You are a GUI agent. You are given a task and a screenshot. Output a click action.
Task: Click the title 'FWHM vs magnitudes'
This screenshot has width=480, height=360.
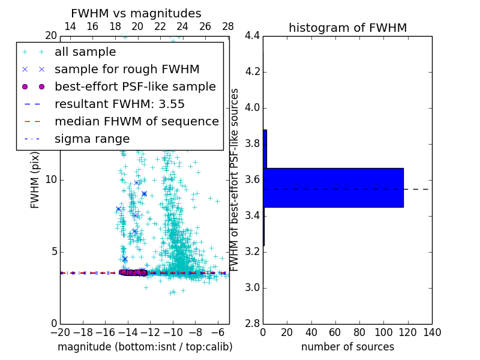(x=136, y=14)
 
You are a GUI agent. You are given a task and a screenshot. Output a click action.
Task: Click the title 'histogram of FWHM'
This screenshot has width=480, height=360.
(x=347, y=28)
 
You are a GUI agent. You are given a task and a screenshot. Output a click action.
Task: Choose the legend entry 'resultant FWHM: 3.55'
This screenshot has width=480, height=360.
(x=119, y=104)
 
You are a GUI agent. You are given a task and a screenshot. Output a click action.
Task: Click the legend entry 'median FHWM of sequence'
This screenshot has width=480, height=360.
(x=136, y=121)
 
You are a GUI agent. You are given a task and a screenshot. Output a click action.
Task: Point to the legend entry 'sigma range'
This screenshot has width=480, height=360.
(x=92, y=139)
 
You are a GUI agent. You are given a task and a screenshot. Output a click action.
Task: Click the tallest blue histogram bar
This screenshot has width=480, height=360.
(x=333, y=188)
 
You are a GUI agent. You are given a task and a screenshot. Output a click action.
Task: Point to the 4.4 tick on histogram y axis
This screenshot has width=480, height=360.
(x=252, y=36)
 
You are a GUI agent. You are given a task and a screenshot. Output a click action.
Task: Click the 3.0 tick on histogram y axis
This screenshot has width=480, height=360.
(x=252, y=287)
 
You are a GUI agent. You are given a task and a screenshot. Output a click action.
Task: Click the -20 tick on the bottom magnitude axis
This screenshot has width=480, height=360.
(x=60, y=332)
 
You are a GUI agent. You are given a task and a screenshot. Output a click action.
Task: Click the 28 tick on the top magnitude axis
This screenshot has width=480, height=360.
(x=228, y=26)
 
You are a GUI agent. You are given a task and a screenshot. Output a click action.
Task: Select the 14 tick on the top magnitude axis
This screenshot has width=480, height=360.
(x=70, y=26)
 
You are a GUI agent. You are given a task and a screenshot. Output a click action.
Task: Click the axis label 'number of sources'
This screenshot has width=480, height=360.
(x=347, y=347)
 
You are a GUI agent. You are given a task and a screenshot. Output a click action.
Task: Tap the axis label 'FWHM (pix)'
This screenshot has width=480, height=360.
(x=35, y=179)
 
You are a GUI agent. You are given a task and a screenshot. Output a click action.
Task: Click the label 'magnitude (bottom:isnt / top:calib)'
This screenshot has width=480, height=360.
(x=145, y=347)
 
